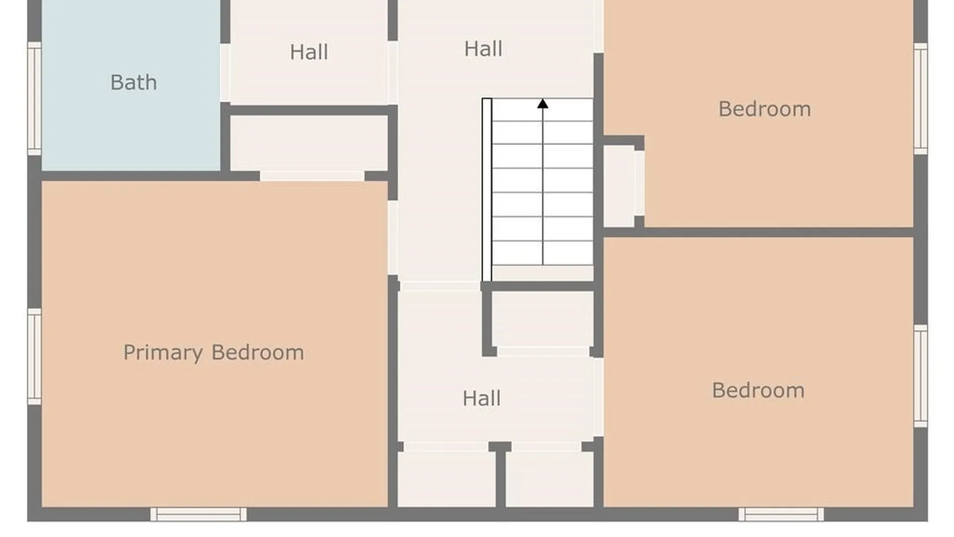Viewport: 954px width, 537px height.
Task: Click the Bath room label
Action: (x=133, y=83)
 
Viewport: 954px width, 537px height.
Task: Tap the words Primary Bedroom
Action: (x=214, y=353)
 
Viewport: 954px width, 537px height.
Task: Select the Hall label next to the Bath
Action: (x=309, y=52)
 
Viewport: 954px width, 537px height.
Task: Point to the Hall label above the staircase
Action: (x=483, y=49)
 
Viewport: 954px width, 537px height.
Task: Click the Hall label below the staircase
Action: (x=481, y=398)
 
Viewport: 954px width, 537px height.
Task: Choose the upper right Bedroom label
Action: (x=765, y=109)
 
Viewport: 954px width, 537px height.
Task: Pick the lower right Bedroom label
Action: (x=758, y=390)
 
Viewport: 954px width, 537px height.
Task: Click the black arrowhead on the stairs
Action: (x=543, y=103)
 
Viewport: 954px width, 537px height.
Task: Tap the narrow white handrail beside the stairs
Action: (x=487, y=189)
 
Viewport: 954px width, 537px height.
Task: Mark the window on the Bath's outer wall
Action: (x=34, y=99)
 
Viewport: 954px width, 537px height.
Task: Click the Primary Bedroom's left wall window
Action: (x=34, y=357)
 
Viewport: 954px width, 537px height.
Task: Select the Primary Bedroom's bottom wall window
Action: (x=198, y=514)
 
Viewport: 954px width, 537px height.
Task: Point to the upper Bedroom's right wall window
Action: (x=921, y=98)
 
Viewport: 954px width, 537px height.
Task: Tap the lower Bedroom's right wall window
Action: (x=921, y=376)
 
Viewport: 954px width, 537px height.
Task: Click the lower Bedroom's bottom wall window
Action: (x=781, y=514)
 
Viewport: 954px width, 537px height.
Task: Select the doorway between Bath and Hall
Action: (x=225, y=73)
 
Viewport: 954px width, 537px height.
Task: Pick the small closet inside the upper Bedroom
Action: (x=619, y=186)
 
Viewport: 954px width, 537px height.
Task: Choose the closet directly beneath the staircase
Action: (x=542, y=319)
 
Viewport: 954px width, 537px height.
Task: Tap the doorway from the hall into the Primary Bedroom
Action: (x=393, y=238)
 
